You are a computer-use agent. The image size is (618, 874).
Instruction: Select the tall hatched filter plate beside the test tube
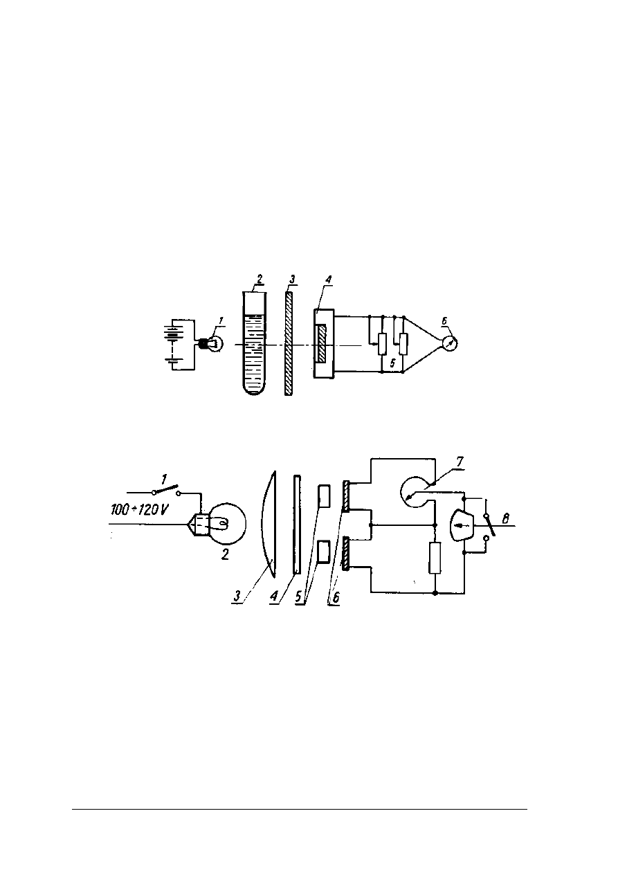click(289, 344)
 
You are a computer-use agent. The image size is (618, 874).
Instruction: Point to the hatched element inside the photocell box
click(322, 344)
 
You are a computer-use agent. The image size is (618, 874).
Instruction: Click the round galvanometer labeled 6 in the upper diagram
click(449, 343)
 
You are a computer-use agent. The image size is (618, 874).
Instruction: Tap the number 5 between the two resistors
click(392, 363)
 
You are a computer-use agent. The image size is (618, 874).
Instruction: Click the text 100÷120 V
click(139, 509)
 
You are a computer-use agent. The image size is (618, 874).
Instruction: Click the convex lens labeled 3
click(270, 524)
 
